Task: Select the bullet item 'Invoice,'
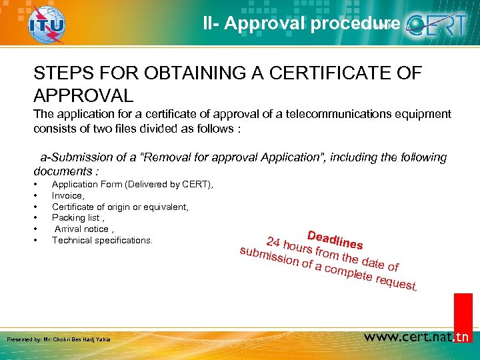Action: pos(68,196)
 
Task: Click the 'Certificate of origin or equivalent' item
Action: pos(120,207)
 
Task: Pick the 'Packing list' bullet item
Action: pos(78,218)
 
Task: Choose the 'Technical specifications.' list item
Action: pos(102,240)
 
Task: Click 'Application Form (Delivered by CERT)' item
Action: pos(132,185)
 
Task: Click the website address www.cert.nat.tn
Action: pos(417,337)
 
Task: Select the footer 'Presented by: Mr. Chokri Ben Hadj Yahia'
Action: pos(58,340)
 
